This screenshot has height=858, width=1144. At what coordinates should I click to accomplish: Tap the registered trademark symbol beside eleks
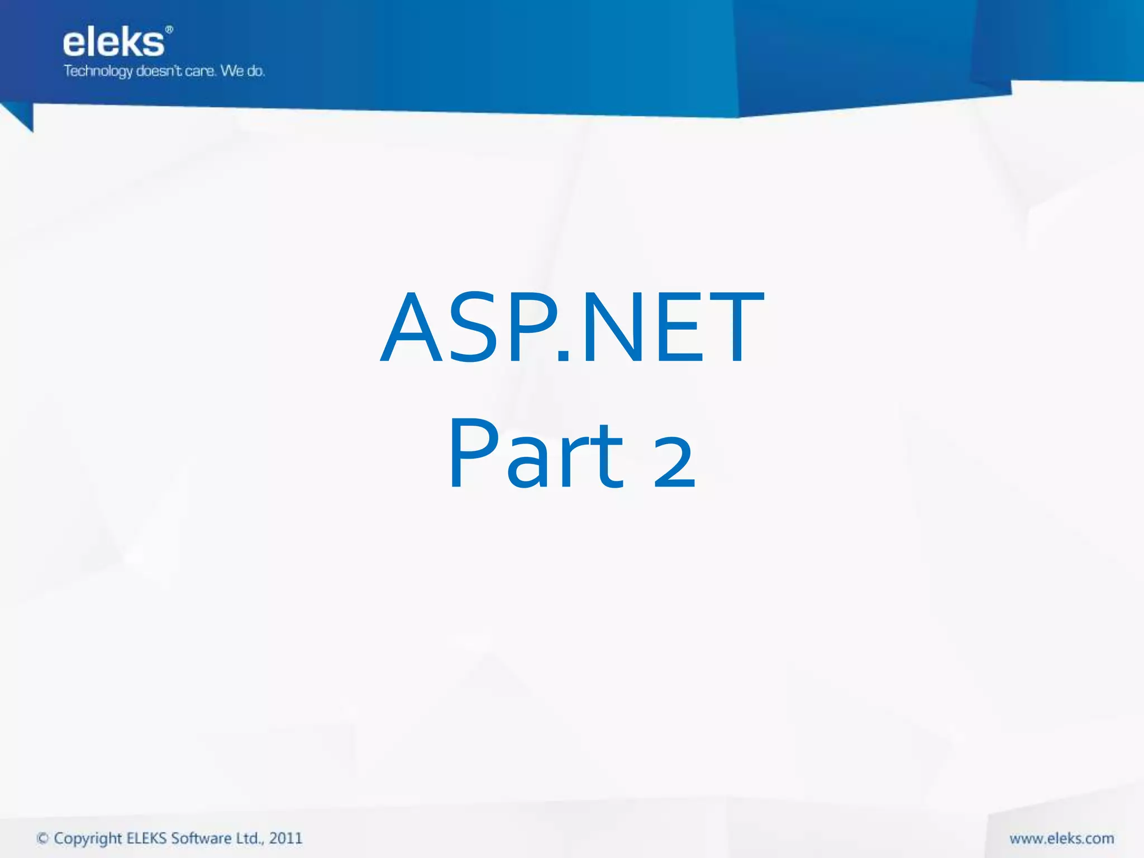[x=169, y=30]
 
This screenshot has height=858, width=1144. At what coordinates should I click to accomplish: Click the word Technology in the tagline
[x=98, y=71]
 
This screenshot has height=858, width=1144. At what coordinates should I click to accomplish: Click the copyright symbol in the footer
[x=42, y=838]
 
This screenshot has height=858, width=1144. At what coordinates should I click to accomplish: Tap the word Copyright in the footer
[x=88, y=839]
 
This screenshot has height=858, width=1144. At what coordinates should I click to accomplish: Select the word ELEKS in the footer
[x=146, y=838]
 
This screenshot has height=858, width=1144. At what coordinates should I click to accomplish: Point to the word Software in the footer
[x=201, y=838]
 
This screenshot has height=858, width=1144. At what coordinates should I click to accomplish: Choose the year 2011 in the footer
[x=285, y=838]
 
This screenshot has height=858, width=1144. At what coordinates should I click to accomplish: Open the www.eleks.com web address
[x=1061, y=838]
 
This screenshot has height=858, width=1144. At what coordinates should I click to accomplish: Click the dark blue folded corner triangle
[x=22, y=116]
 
